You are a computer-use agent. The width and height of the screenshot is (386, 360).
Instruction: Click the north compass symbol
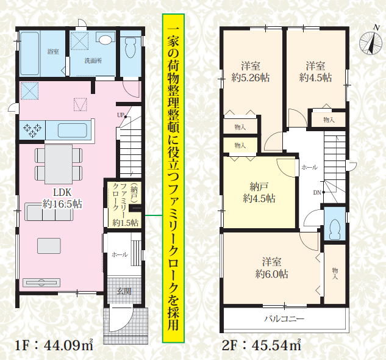coord(371,43)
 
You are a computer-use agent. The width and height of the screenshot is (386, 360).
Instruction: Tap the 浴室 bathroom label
coord(53,52)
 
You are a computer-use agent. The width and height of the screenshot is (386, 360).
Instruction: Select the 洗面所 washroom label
coord(93,60)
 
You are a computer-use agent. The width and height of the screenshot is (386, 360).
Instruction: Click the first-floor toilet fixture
coord(130,48)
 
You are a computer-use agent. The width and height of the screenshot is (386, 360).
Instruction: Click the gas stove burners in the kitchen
coord(32,130)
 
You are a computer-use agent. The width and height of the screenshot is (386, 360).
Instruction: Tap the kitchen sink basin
coord(73,131)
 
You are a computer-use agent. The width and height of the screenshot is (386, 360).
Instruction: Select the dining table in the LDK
coord(59,164)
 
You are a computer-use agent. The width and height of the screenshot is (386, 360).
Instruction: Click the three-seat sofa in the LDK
coord(49,212)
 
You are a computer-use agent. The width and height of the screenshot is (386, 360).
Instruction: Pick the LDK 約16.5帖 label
coord(62,198)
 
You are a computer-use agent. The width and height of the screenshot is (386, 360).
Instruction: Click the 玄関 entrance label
coord(124,292)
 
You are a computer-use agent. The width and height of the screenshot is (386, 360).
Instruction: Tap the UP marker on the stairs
coord(121,115)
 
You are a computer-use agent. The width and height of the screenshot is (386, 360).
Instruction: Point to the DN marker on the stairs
coord(318,192)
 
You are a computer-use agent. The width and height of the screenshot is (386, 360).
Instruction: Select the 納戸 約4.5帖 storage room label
coord(259,192)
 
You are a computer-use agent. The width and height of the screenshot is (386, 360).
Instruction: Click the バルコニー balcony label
coord(284,319)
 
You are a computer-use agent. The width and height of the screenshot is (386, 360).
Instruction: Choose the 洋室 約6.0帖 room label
coord(271,268)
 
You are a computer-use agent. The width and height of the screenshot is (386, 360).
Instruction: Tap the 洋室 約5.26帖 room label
coord(251,72)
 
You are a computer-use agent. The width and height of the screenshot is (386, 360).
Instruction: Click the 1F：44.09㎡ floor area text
coord(54,345)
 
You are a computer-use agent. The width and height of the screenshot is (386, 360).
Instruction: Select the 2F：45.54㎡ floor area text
coord(262,345)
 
